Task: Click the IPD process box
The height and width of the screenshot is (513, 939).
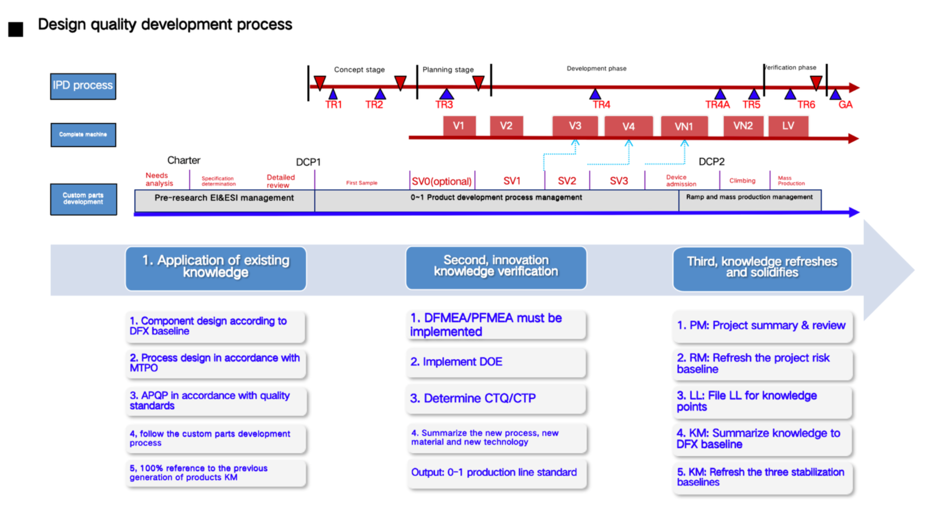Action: point(83,86)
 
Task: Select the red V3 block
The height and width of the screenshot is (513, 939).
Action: point(575,126)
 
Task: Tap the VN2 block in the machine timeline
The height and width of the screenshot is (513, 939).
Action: point(742,126)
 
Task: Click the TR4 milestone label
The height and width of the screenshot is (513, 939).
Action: point(602,105)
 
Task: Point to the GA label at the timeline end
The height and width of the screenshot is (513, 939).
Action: point(845,105)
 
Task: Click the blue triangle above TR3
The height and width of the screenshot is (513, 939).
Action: point(446,94)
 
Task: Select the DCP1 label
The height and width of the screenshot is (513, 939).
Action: point(308,162)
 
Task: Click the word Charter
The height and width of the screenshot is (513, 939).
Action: point(183,160)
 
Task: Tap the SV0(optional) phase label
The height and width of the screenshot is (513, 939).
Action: point(442,181)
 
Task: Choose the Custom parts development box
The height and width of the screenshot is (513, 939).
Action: point(83,199)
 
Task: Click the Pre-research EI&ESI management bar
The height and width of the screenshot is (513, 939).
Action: point(224,198)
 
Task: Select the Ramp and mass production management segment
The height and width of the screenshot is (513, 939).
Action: point(749,198)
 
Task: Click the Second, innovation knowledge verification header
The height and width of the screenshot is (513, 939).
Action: point(495,267)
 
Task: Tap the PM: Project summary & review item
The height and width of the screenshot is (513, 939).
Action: point(761,326)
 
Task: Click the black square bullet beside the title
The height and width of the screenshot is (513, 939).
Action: point(16,29)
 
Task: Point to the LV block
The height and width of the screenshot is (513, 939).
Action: point(788,126)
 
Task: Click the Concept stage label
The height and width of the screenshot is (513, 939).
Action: point(359,69)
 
